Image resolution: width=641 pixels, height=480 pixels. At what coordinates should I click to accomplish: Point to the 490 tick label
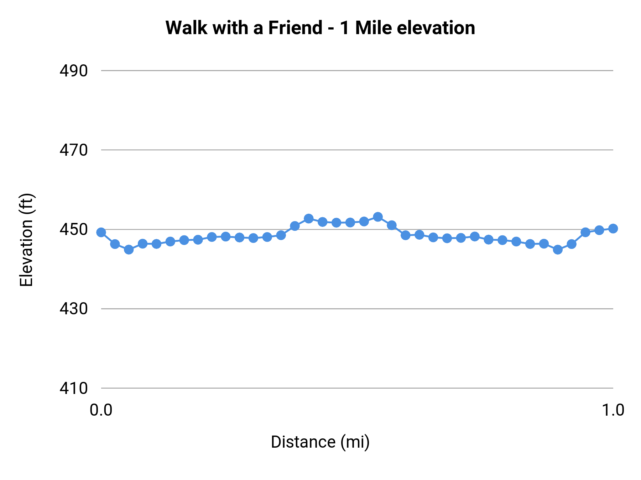click(73, 71)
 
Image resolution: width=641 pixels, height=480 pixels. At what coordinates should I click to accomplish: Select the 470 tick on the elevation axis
click(73, 150)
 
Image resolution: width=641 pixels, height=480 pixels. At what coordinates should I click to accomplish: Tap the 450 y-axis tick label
click(73, 230)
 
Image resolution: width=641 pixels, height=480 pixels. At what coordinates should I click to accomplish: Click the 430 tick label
click(73, 309)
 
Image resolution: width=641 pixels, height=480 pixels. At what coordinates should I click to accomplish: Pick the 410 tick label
click(73, 388)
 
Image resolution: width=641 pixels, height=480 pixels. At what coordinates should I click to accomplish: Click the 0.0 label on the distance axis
click(101, 410)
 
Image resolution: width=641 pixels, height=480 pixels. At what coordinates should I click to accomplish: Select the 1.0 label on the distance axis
click(613, 410)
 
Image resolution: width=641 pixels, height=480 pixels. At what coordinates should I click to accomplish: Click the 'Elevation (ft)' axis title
click(26, 240)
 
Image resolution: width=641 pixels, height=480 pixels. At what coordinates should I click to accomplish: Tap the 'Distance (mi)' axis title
click(320, 442)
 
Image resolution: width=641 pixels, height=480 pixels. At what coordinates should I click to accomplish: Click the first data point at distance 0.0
click(101, 232)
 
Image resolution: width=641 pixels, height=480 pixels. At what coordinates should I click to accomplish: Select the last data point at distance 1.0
click(613, 228)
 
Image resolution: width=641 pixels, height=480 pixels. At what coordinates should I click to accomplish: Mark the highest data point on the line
click(378, 217)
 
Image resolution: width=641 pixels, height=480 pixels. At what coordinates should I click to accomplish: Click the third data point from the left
click(129, 250)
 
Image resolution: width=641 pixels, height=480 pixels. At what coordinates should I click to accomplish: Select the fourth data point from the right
click(572, 244)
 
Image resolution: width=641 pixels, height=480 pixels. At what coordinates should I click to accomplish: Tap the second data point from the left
click(115, 244)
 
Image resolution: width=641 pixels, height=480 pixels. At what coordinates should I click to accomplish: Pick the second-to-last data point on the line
click(599, 230)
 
